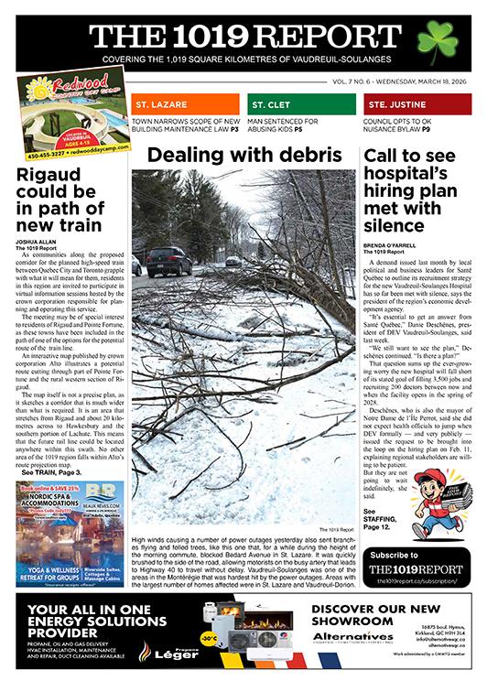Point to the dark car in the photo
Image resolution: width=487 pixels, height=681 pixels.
168,262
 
